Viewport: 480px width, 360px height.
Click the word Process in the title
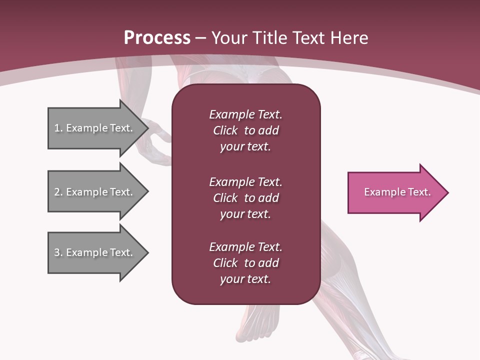tap(157, 37)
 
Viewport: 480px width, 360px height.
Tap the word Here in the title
tap(348, 37)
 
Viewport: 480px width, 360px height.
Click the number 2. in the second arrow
tap(58, 192)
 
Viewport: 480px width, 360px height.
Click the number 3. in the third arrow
tap(58, 252)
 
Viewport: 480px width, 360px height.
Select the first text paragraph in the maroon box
tap(245, 130)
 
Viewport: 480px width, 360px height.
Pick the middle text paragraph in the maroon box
tap(245, 198)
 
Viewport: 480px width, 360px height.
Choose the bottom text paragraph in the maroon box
tap(245, 263)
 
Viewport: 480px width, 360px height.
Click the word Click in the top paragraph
tap(225, 130)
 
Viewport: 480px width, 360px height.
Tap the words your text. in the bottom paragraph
tap(245, 279)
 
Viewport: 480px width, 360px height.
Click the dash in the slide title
tap(200, 38)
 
